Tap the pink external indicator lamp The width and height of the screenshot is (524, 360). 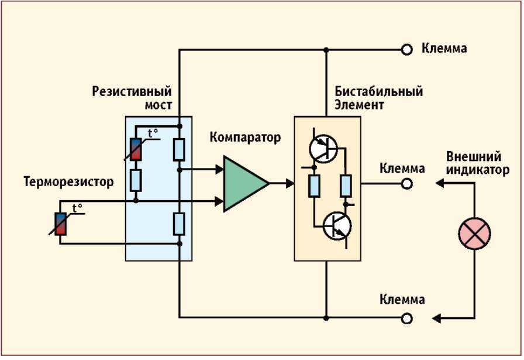[474, 233]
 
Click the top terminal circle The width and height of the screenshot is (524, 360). [406, 50]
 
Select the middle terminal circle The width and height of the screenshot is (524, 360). [406, 184]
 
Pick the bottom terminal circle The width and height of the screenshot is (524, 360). [406, 318]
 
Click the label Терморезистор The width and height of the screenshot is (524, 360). [68, 181]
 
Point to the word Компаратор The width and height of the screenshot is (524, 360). [245, 137]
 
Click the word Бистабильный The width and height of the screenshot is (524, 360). [378, 91]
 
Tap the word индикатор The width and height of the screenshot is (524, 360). [478, 170]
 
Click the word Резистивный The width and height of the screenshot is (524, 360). [132, 91]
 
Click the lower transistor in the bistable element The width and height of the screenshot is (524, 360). [337, 226]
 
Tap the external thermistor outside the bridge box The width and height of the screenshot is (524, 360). [60, 224]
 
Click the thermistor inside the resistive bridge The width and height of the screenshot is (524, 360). [136, 149]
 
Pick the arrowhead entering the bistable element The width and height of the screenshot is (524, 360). [290, 183]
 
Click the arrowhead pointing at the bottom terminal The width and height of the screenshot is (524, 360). [436, 318]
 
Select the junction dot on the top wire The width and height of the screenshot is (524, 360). [326, 50]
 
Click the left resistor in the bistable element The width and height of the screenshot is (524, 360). [314, 186]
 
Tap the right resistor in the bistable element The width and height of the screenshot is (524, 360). [346, 186]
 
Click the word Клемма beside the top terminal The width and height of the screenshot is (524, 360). [444, 49]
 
